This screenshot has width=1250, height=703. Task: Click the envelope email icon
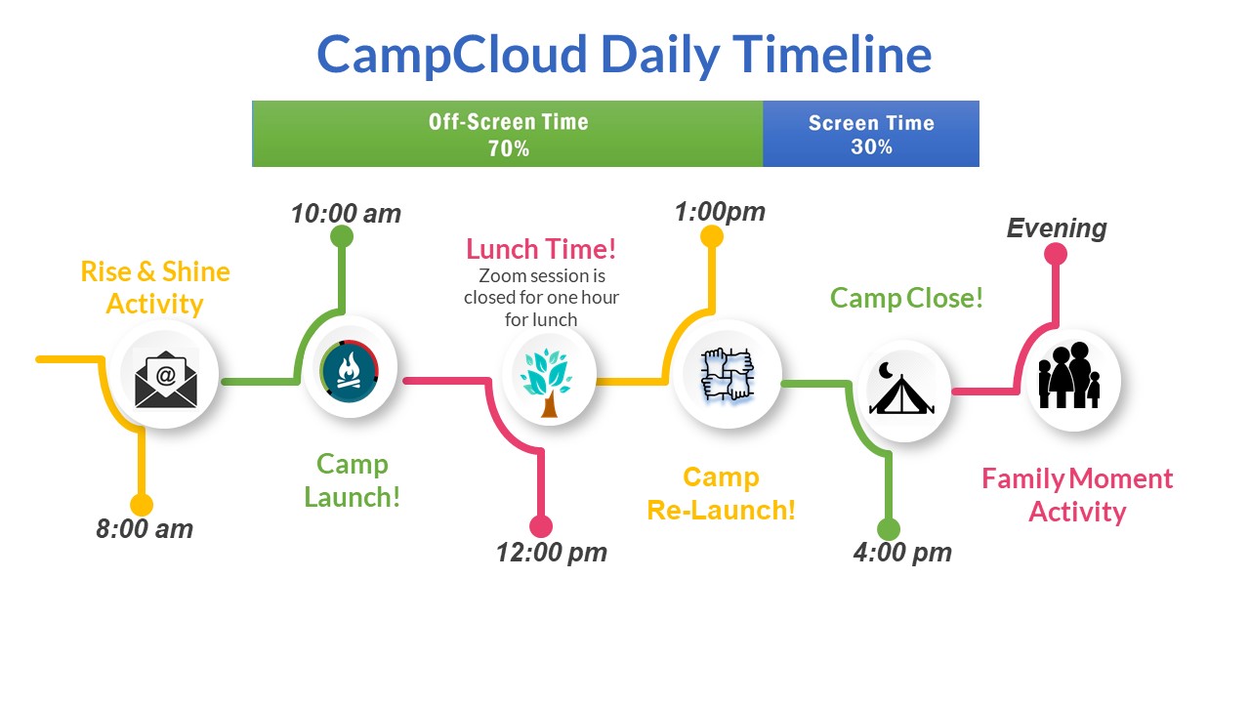click(166, 380)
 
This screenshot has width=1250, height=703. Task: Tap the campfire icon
click(350, 371)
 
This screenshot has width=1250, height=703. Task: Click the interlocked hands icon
click(728, 374)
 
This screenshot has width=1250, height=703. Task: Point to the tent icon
click(900, 389)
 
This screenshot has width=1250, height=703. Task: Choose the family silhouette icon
click(1069, 376)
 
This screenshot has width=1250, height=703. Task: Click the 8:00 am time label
click(145, 529)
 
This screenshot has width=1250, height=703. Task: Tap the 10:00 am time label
click(346, 214)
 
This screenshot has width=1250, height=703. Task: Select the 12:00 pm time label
click(552, 553)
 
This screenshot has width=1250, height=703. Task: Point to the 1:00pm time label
click(720, 212)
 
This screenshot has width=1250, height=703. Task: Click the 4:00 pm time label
click(902, 553)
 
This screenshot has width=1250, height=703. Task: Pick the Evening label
click(1057, 228)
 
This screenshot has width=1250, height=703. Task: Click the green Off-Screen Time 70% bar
click(508, 134)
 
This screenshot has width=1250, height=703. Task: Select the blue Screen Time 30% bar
click(871, 134)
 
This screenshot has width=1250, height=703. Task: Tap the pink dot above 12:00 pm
click(541, 526)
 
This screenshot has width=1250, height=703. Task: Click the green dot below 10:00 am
click(342, 236)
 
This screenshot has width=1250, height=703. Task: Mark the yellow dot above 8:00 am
click(142, 505)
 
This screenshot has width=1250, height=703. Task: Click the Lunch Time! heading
click(541, 249)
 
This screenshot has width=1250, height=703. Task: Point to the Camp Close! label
click(906, 298)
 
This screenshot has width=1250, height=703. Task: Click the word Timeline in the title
click(832, 55)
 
